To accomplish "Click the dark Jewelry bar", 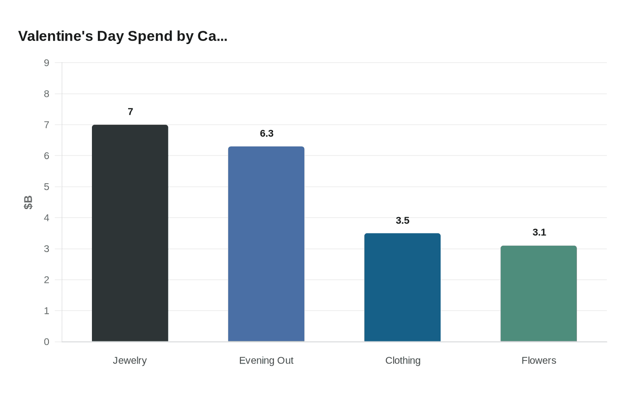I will coord(130,233).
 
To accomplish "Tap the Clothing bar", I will coord(402,287).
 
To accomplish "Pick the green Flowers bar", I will coord(538,293).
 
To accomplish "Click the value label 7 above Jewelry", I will coord(130,112).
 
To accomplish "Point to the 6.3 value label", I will coord(267,134).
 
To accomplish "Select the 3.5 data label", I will coord(403,221).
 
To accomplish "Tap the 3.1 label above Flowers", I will coord(539,233).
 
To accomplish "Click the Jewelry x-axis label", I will coord(130,360).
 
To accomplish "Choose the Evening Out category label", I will coord(266,360).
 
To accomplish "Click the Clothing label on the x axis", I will coord(403,360).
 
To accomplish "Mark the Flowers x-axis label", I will coord(538,360).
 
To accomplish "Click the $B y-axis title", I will coord(28,202).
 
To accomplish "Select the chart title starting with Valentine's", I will coord(123,36).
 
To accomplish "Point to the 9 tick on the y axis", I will coord(47,63).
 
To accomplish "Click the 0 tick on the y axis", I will coord(47,342).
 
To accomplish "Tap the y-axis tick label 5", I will coord(47,187).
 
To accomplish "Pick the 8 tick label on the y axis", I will coord(47,94).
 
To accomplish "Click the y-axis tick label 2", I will coord(47,280).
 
